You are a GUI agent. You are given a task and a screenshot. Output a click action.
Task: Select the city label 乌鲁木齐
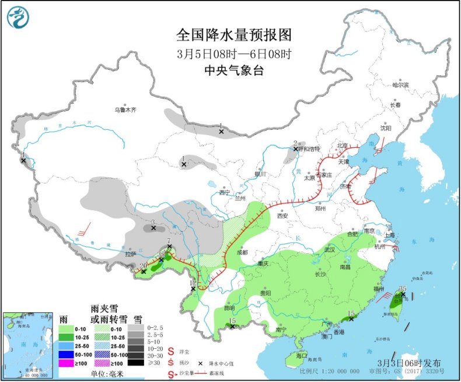tap(125, 109)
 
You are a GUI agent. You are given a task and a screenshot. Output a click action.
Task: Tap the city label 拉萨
tap(130, 254)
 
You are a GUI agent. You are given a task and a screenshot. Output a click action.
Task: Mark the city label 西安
tap(282, 215)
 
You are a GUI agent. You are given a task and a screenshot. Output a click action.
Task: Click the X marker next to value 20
tap(144, 272)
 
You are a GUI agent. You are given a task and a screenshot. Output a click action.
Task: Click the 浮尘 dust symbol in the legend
tap(171, 352)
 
